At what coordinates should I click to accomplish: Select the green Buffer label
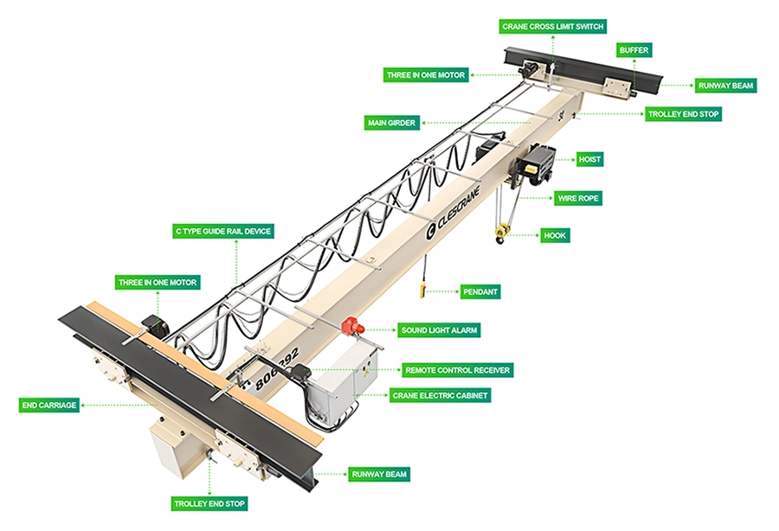click(x=634, y=51)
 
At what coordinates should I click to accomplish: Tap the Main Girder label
click(x=391, y=124)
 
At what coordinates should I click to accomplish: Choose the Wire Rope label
click(x=578, y=198)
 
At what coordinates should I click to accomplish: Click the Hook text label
click(x=554, y=234)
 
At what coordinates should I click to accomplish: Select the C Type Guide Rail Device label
click(x=223, y=231)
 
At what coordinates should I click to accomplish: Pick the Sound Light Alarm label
click(x=439, y=329)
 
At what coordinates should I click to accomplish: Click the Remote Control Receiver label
click(x=458, y=370)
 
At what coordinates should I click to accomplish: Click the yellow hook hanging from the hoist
click(x=500, y=233)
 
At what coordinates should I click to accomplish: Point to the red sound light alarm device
click(x=351, y=326)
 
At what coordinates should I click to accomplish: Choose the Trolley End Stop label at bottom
click(x=209, y=503)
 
